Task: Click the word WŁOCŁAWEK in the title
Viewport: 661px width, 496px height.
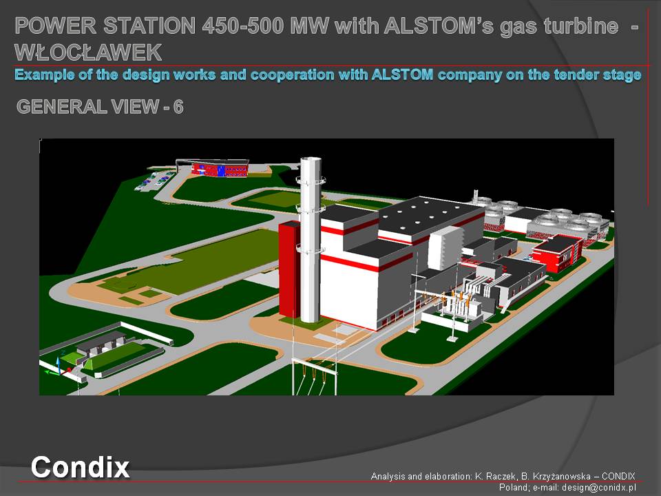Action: [88, 52]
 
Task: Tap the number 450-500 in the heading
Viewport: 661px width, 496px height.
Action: [243, 25]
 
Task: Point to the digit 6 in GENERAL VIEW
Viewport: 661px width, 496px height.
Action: [178, 107]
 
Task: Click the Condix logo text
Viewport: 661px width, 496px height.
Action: [80, 467]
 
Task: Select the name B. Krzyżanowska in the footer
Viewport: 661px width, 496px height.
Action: [556, 476]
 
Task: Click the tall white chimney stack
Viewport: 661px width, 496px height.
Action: [311, 240]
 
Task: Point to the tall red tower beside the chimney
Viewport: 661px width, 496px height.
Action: [289, 269]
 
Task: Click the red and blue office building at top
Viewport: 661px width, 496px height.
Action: [219, 169]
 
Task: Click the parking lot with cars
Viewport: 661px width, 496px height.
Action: [154, 180]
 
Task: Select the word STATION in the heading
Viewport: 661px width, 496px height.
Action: [149, 25]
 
